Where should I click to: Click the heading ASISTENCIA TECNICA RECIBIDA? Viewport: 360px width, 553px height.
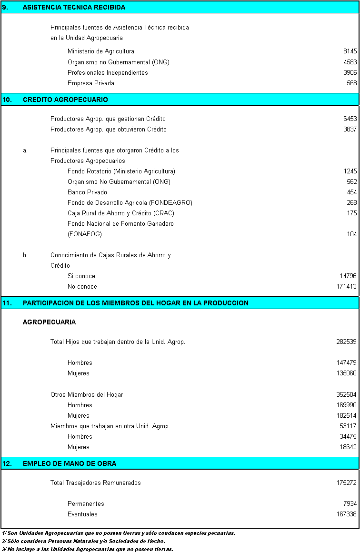74,7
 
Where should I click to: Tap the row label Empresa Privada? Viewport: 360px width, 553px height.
90,83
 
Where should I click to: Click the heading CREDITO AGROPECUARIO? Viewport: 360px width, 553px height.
65,100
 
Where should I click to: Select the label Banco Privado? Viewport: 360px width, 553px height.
87,192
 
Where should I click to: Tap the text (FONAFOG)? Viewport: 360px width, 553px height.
85,234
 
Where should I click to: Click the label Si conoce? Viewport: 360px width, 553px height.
81,276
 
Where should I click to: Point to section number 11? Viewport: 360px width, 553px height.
7,303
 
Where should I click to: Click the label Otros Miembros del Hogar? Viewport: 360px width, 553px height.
87,395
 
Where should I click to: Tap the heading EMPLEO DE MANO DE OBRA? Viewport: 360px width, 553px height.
70,463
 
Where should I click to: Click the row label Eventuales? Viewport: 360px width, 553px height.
82,514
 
